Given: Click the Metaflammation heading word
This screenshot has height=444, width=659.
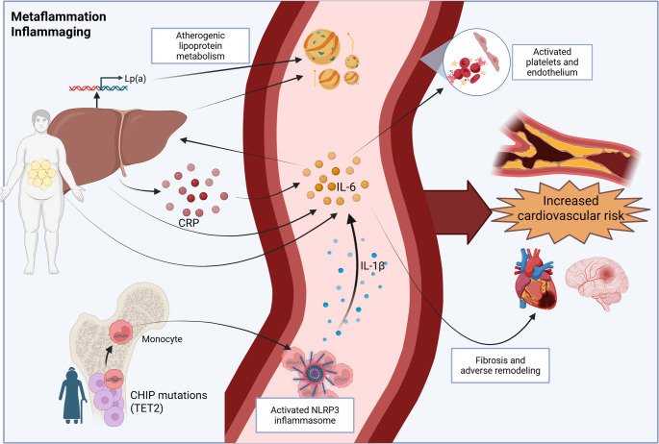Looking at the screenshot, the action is (59, 16).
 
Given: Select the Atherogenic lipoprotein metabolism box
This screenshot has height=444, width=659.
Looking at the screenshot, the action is (200, 46).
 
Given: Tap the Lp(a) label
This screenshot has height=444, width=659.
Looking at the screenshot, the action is (136, 79).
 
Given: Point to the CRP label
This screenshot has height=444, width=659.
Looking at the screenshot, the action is (189, 223).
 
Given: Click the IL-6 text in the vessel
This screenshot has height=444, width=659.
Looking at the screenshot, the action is (346, 186).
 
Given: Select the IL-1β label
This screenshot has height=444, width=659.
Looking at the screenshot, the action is (372, 265).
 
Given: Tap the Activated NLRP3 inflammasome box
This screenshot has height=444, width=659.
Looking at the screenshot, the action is (305, 415).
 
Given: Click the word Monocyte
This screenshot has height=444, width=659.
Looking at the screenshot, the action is (162, 339).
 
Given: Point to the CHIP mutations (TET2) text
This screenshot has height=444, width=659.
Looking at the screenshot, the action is (168, 402).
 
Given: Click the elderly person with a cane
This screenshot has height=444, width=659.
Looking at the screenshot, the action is (73, 395).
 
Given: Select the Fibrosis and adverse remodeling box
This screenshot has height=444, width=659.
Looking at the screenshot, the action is (500, 365).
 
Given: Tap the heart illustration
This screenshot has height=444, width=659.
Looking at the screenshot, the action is (535, 279).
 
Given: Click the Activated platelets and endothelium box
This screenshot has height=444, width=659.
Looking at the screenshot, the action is (552, 62).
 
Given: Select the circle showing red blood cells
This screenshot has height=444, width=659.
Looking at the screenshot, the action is (476, 62).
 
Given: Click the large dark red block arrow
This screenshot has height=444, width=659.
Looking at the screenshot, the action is (458, 212).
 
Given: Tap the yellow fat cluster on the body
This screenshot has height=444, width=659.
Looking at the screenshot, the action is (41, 173).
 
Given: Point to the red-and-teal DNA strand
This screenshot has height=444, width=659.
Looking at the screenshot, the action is (98, 88).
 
